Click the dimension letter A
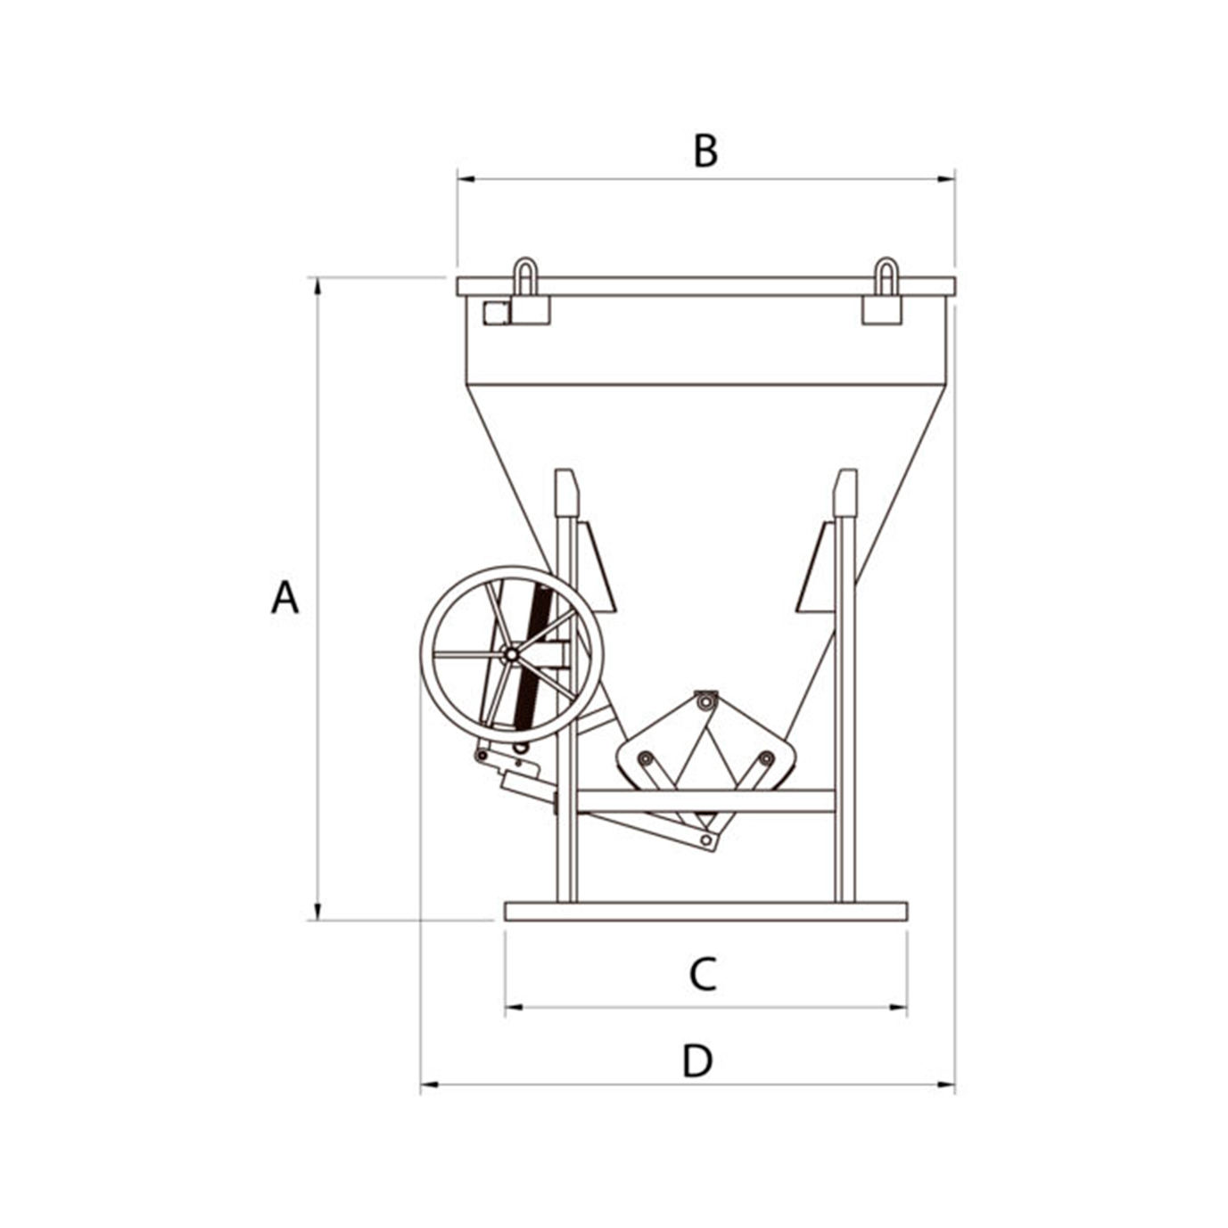coord(284,597)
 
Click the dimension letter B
coord(705,151)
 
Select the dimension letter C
coord(703,974)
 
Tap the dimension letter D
coord(697,1061)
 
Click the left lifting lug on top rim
coord(525,275)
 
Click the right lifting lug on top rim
coord(886,275)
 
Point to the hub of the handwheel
coord(510,654)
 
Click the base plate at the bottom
coord(705,912)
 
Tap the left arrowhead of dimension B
coord(466,179)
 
